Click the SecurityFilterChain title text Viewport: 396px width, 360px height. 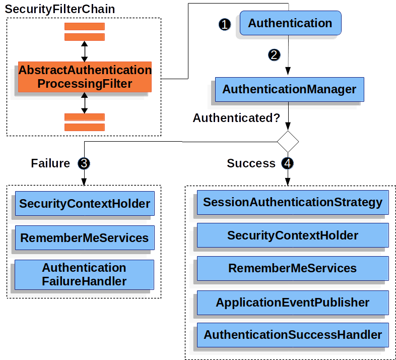pos(60,9)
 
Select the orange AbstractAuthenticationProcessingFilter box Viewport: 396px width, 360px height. pos(85,77)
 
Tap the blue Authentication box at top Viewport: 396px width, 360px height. pos(290,23)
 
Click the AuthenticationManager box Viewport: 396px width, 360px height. pos(289,89)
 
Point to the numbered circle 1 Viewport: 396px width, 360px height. pos(225,24)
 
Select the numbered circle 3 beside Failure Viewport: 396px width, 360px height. pos(84,163)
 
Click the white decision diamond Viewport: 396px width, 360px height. pos(288,141)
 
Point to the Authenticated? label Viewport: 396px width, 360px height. pos(236,118)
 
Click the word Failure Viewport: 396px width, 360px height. pos(50,163)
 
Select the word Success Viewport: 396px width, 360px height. pos(251,163)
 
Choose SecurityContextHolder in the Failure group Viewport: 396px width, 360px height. pos(85,204)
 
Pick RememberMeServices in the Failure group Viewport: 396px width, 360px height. pos(85,237)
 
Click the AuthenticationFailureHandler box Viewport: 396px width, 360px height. pos(84,274)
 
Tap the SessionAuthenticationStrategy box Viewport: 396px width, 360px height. pos(292,202)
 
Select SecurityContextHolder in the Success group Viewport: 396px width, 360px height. pos(292,235)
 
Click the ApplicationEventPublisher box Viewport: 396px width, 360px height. pos(292,303)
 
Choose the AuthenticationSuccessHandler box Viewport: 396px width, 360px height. pos(292,335)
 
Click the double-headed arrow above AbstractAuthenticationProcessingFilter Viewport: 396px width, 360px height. pos(85,51)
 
